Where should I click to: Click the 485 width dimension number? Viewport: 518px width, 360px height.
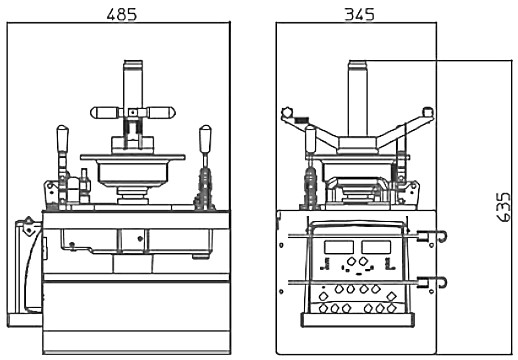[122, 15]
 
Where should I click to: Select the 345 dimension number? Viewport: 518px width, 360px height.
[359, 15]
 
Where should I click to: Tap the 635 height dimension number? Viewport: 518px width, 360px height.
[503, 207]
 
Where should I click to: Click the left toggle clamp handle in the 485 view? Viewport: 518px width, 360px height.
[62, 139]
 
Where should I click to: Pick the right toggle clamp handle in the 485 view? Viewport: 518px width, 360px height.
[205, 139]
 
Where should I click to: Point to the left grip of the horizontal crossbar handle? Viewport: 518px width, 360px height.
[105, 113]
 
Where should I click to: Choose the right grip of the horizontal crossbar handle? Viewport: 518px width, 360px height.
[161, 113]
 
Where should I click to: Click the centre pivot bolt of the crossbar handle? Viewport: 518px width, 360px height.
[133, 113]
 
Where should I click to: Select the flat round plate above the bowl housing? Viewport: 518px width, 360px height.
[133, 157]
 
